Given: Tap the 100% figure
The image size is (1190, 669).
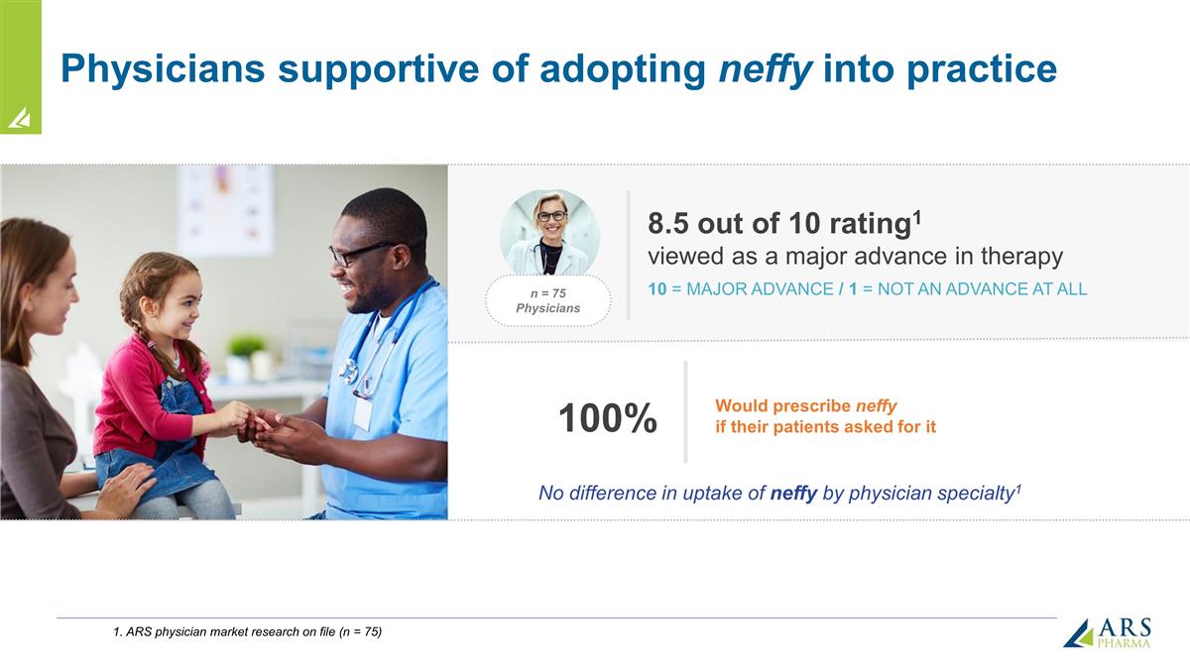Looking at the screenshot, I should point(607,418).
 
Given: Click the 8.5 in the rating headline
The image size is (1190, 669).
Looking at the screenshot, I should point(673,222).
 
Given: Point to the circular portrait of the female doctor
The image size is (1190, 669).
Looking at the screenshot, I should point(549,232).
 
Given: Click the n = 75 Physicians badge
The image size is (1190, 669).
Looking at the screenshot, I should point(547,300).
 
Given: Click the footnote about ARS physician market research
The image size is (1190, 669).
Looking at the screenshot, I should point(248,632).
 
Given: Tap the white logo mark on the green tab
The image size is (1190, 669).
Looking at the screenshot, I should point(20,118).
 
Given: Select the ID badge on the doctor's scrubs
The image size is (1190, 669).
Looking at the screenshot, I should point(363,412).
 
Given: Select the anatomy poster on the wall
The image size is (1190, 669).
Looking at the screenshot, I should point(226,208).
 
